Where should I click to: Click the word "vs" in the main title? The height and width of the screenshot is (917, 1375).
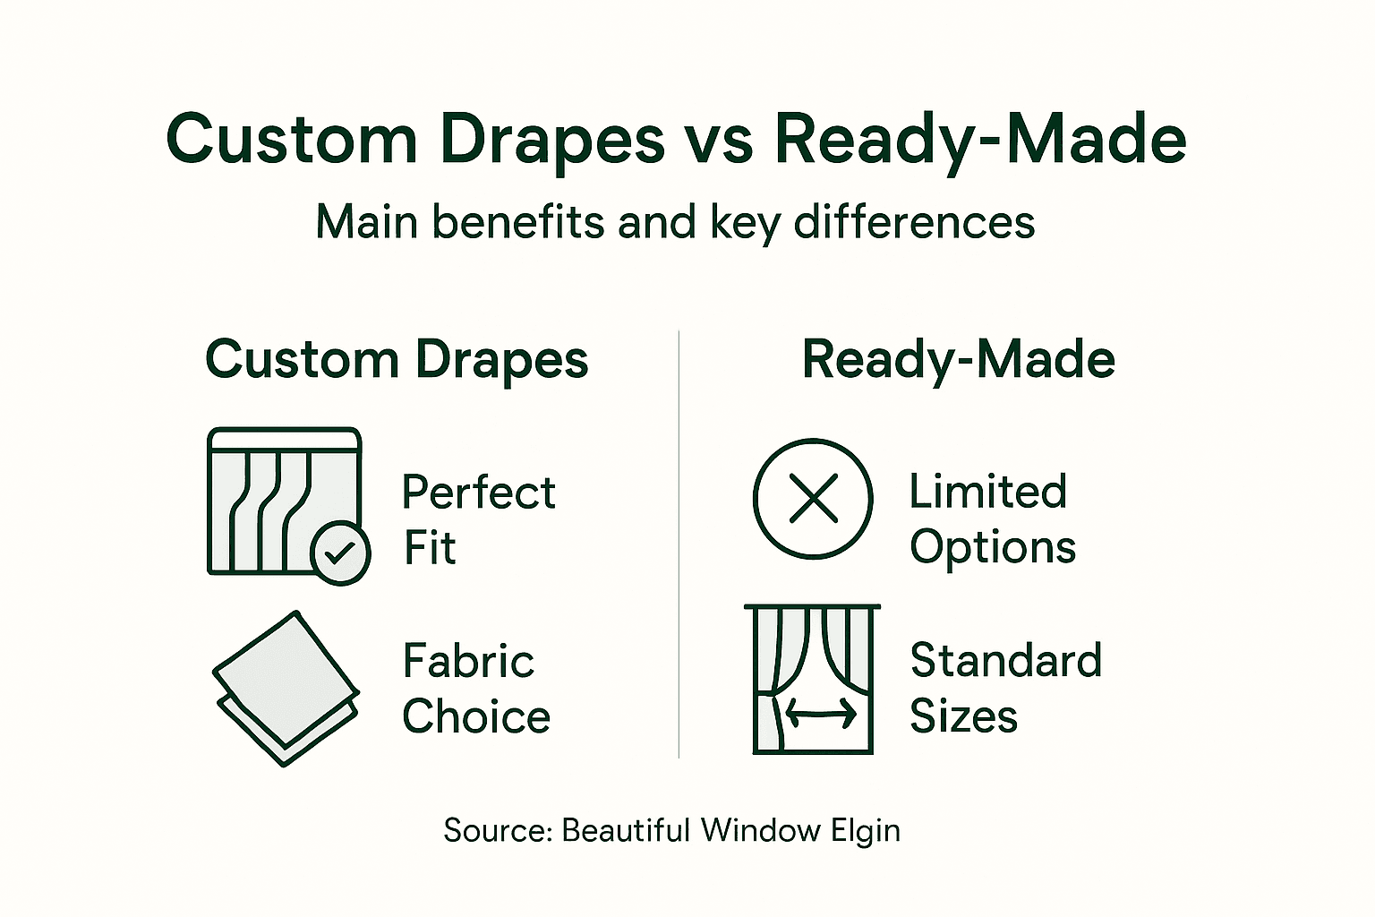[718, 141]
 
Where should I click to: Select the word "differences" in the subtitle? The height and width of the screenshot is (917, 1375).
[914, 222]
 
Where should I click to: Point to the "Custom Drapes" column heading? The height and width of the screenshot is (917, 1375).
[397, 360]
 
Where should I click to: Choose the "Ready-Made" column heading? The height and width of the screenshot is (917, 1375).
[958, 360]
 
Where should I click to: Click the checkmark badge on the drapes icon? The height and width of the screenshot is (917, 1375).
[340, 553]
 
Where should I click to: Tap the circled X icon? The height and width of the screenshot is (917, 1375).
[813, 499]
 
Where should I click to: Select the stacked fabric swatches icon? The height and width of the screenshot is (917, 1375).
[286, 688]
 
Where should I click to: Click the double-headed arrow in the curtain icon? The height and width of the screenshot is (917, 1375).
[821, 714]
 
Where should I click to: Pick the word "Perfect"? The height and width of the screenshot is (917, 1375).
[478, 493]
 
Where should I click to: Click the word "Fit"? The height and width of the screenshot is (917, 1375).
[430, 548]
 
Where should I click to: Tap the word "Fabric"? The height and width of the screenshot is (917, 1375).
[468, 662]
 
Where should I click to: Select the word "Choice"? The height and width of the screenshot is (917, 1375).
[476, 717]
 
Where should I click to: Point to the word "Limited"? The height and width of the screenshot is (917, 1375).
[987, 492]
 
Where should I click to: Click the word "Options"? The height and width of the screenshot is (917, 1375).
[993, 547]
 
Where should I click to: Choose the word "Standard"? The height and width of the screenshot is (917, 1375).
[1005, 661]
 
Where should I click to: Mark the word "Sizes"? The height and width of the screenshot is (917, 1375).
[963, 716]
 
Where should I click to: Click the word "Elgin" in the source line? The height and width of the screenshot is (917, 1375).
[865, 831]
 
